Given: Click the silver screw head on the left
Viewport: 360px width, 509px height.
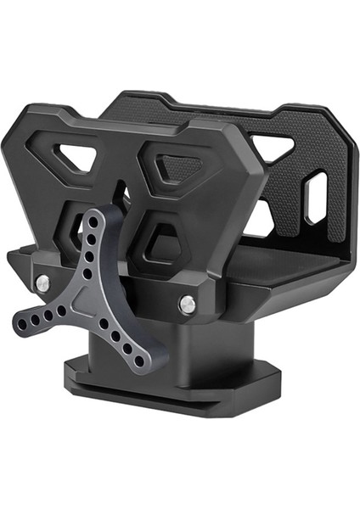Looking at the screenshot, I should pos(42,281).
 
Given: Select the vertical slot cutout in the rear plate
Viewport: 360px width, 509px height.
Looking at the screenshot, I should pos(315,198).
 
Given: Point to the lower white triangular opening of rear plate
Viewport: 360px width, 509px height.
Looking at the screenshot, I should pos(258,219).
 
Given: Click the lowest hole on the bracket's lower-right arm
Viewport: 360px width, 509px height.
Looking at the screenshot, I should pos(139,361).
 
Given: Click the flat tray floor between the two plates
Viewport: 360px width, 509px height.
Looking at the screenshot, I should pos(289,255).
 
